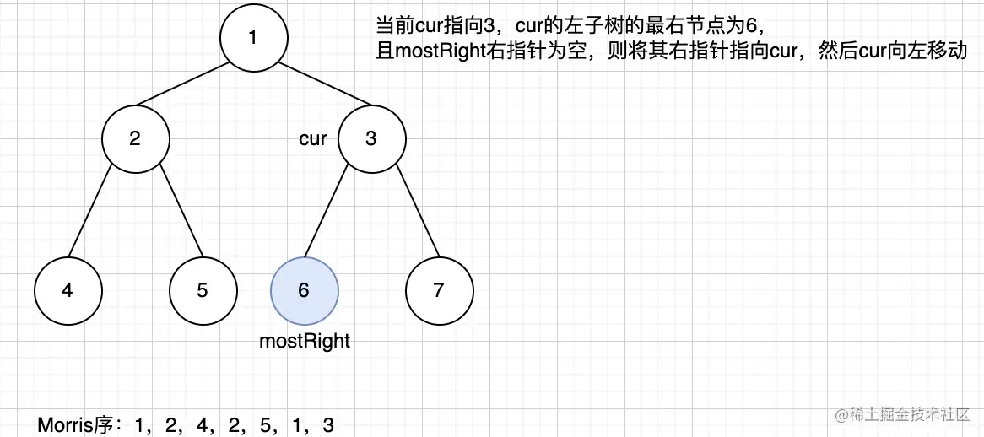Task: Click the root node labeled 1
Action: tap(253, 37)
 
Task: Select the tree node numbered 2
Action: tap(135, 138)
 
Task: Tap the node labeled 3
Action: tap(371, 138)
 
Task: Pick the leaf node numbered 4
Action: tap(68, 290)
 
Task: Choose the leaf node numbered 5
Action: tap(203, 290)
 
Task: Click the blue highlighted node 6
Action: tap(304, 290)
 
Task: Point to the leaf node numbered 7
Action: tap(439, 290)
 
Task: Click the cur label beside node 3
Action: tap(313, 139)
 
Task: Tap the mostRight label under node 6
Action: tap(304, 341)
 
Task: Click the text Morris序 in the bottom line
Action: tap(77, 425)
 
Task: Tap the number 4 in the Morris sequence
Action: tap(203, 425)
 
